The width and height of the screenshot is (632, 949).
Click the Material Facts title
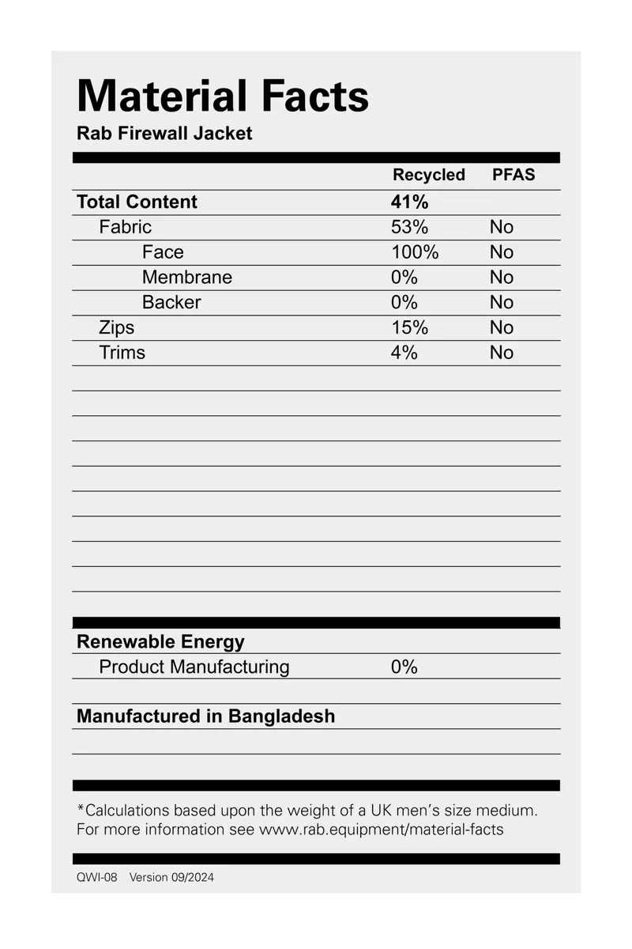(x=223, y=96)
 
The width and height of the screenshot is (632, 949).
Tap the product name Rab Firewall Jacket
(x=164, y=133)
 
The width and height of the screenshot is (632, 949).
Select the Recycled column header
(x=429, y=175)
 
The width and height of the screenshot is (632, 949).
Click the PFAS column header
(x=513, y=175)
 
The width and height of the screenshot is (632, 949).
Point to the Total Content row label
(x=137, y=202)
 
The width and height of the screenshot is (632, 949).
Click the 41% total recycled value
(x=409, y=202)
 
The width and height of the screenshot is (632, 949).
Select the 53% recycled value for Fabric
(x=409, y=227)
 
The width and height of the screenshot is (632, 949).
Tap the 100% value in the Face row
(x=415, y=252)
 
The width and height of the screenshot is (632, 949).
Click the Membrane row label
(x=187, y=278)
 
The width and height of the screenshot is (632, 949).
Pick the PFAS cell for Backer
(x=501, y=303)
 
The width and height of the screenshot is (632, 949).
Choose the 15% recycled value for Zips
(x=409, y=327)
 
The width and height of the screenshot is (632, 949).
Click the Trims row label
(x=122, y=353)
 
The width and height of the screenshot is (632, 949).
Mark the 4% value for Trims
(x=404, y=353)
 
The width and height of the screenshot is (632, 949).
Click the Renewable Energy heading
(x=160, y=641)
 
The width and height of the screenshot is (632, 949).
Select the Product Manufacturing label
(x=194, y=667)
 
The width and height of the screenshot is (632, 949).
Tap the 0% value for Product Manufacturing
(x=404, y=667)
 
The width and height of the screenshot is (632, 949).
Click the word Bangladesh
(x=281, y=716)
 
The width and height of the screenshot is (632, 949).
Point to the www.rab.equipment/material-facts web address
(x=381, y=830)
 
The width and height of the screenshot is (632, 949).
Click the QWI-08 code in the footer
(x=96, y=877)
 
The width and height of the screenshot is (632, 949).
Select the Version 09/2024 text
(x=171, y=877)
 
